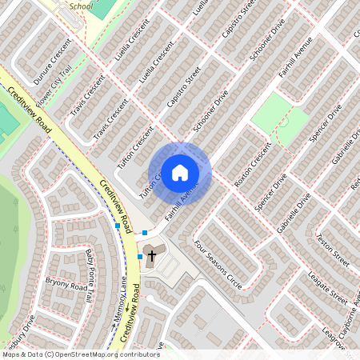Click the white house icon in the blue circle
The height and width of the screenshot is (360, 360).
tap(180, 172)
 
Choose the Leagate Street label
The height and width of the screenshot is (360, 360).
tap(329, 286)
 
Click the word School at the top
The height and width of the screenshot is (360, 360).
tap(81, 5)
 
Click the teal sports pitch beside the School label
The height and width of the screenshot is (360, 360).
tap(102, 7)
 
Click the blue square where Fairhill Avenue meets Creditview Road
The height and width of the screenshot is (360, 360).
tap(145, 233)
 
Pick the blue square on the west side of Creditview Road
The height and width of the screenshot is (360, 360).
tap(118, 226)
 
